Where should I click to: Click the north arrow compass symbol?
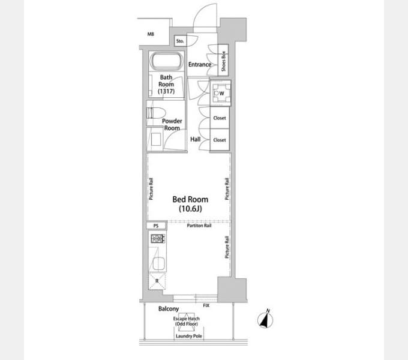(265, 319)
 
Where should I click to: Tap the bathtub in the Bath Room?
(167, 61)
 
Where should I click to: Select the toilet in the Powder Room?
(156, 113)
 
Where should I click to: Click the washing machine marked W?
(220, 93)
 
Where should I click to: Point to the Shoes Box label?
(223, 61)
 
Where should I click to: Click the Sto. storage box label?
(180, 41)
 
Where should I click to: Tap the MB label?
(151, 34)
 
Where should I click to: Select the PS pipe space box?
(156, 226)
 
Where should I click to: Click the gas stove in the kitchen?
(158, 239)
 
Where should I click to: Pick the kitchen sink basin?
(158, 263)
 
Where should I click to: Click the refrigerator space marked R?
(157, 281)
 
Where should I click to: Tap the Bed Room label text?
(190, 200)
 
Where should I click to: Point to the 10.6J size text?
(190, 209)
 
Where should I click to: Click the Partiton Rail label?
(199, 226)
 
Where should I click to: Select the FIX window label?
(206, 305)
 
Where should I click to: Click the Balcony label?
(169, 309)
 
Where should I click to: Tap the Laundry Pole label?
(189, 336)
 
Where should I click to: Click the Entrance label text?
(200, 64)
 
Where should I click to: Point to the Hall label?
(196, 139)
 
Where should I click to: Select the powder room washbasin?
(155, 139)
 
